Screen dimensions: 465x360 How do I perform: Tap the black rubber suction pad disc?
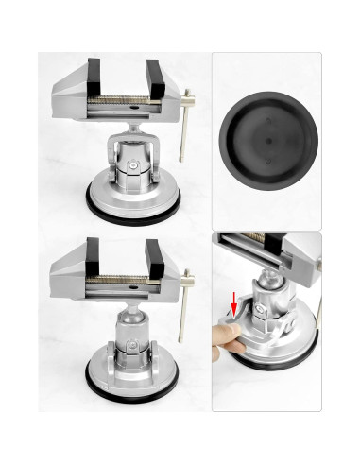tap(266, 138)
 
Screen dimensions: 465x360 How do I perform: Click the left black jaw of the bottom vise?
tap(94, 257)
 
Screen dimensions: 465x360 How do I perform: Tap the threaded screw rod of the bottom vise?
tap(124, 277)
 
